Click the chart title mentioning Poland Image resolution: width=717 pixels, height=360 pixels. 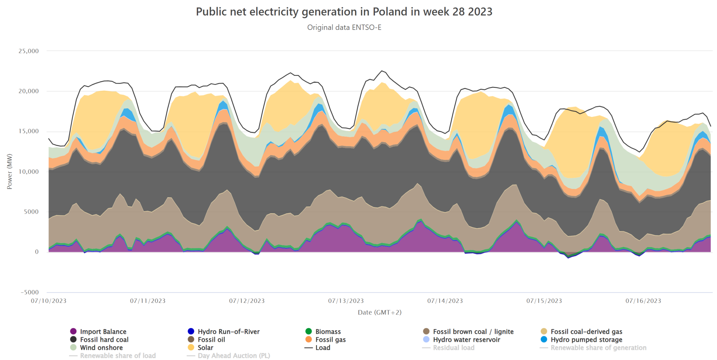344,12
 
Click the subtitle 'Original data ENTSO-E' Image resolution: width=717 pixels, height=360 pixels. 344,28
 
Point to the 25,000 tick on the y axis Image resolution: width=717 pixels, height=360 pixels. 29,51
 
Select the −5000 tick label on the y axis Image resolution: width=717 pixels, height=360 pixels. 30,292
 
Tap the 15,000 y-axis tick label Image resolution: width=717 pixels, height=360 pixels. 29,131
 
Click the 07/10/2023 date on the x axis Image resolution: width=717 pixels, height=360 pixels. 49,301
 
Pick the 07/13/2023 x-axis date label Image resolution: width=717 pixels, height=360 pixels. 346,301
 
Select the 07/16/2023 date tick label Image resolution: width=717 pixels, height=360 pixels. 643,301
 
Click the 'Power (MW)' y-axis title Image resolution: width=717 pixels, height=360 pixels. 10,171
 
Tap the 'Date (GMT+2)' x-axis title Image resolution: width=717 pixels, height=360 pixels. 379,313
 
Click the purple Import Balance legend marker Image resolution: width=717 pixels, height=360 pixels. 74,332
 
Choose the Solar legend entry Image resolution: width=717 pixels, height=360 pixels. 205,348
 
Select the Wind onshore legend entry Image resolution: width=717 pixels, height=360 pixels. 101,348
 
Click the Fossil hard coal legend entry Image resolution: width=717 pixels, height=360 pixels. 104,340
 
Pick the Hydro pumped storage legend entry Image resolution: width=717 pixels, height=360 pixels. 586,340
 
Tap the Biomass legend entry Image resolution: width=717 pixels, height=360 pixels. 328,332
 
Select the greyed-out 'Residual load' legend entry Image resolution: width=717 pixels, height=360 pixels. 453,348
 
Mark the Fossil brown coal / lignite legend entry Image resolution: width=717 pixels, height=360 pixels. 473,332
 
